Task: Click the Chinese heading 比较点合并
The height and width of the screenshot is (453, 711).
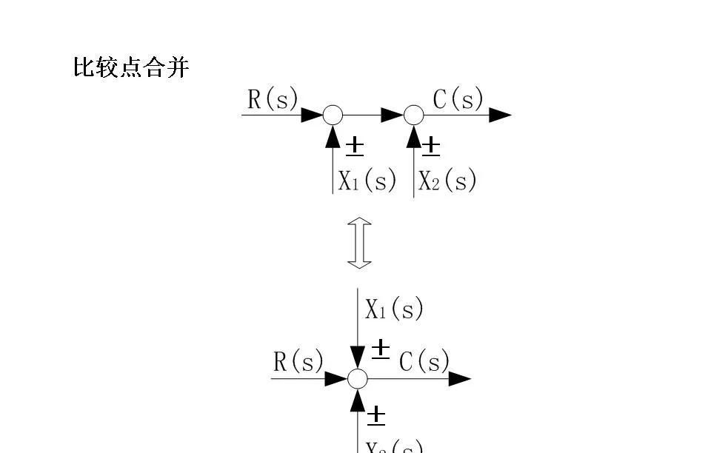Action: (131, 69)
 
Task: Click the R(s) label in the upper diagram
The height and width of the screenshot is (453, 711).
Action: (273, 99)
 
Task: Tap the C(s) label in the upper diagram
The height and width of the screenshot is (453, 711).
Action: (458, 99)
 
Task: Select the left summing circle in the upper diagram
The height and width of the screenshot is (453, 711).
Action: (333, 115)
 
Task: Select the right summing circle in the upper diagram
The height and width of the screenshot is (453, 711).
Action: (414, 115)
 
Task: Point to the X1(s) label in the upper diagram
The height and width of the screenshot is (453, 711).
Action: (367, 181)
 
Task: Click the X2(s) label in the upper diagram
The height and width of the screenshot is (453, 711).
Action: (447, 181)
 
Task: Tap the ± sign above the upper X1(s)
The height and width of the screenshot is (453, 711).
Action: (355, 147)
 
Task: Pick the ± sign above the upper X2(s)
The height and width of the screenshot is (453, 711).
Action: (430, 147)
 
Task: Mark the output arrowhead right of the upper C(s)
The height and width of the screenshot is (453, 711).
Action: (501, 115)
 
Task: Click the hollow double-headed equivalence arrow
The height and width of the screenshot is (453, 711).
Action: (360, 243)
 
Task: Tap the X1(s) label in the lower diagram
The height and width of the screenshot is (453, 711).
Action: (394, 309)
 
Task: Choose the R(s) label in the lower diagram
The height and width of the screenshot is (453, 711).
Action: (298, 362)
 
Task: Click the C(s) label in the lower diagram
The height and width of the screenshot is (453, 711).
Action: (424, 362)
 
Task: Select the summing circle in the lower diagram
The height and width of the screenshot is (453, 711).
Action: (358, 379)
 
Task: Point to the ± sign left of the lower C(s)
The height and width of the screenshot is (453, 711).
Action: (380, 349)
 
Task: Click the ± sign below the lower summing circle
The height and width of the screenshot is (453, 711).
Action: (376, 415)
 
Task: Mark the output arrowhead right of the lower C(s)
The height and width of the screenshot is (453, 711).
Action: (460, 379)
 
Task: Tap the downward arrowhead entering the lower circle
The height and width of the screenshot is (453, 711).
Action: (358, 359)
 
